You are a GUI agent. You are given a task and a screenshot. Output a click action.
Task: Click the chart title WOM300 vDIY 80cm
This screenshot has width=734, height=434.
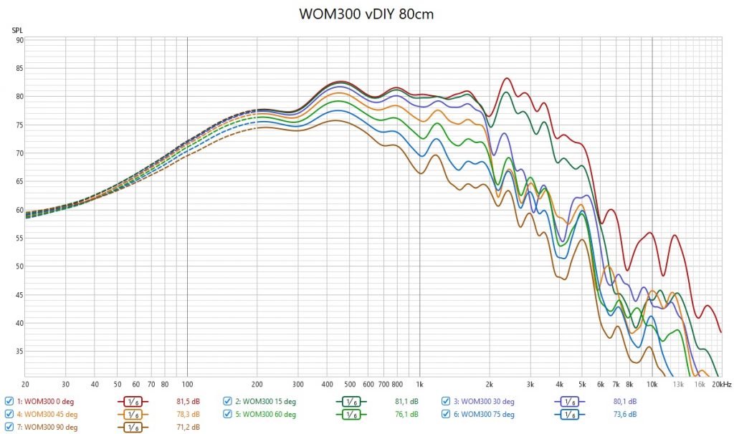tap(366, 14)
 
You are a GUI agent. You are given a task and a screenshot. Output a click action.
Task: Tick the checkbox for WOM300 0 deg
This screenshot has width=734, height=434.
tap(9, 401)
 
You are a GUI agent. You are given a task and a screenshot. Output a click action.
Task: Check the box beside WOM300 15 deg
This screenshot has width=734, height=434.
tap(227, 401)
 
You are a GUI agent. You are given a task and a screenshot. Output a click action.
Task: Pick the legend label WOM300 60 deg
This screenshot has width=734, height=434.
tap(269, 414)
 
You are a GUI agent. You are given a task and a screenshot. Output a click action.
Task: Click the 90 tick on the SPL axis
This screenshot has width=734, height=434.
tap(20, 40)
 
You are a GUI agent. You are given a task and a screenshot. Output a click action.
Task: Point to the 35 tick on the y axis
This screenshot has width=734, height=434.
tap(20, 351)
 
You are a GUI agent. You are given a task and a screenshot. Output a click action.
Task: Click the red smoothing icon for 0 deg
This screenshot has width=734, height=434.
tap(133, 401)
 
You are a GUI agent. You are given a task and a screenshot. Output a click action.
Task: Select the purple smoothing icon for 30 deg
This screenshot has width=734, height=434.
tap(571, 401)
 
